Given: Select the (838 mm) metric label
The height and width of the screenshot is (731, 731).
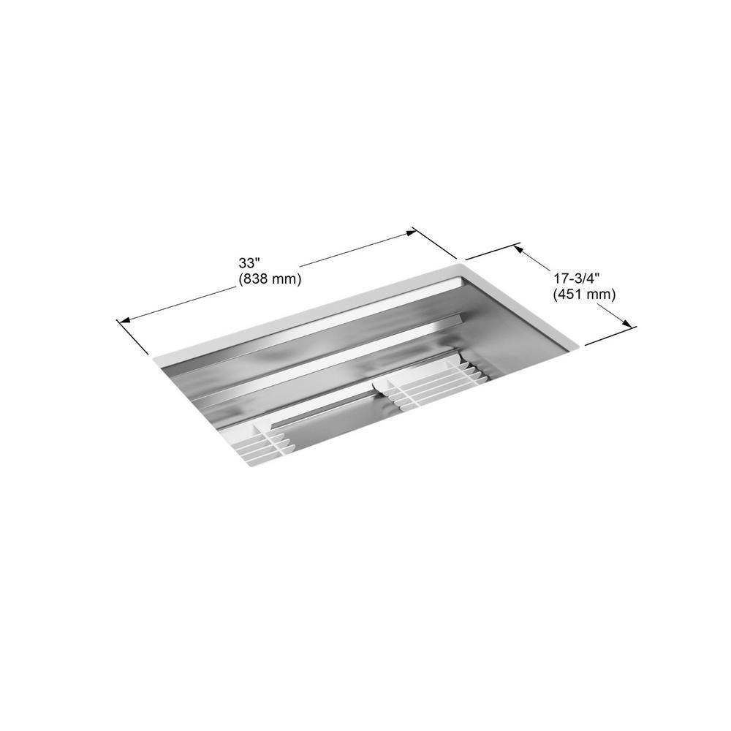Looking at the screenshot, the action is point(270,279).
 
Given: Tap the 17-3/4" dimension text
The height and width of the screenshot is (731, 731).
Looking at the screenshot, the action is point(576,279).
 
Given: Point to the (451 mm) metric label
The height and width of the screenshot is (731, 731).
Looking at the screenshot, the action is point(584,295).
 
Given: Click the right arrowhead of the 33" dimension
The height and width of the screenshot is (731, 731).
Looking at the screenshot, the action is point(410,232).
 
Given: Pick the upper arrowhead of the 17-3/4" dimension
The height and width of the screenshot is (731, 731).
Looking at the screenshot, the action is point(518,250).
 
